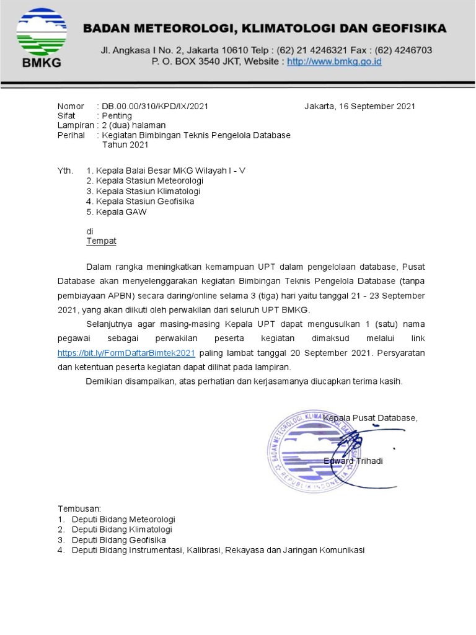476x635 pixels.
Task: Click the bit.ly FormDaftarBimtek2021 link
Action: click(126, 353)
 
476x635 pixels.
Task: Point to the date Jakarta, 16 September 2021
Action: click(359, 106)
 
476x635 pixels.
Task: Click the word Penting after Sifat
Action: click(117, 116)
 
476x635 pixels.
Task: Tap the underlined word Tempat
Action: click(101, 241)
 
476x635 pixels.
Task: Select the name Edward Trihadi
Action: click(353, 461)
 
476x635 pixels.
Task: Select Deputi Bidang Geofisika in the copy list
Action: click(119, 540)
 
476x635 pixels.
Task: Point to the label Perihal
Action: click(71, 135)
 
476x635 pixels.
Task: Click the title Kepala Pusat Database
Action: click(370, 417)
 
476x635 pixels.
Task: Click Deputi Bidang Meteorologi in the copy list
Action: click(123, 519)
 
